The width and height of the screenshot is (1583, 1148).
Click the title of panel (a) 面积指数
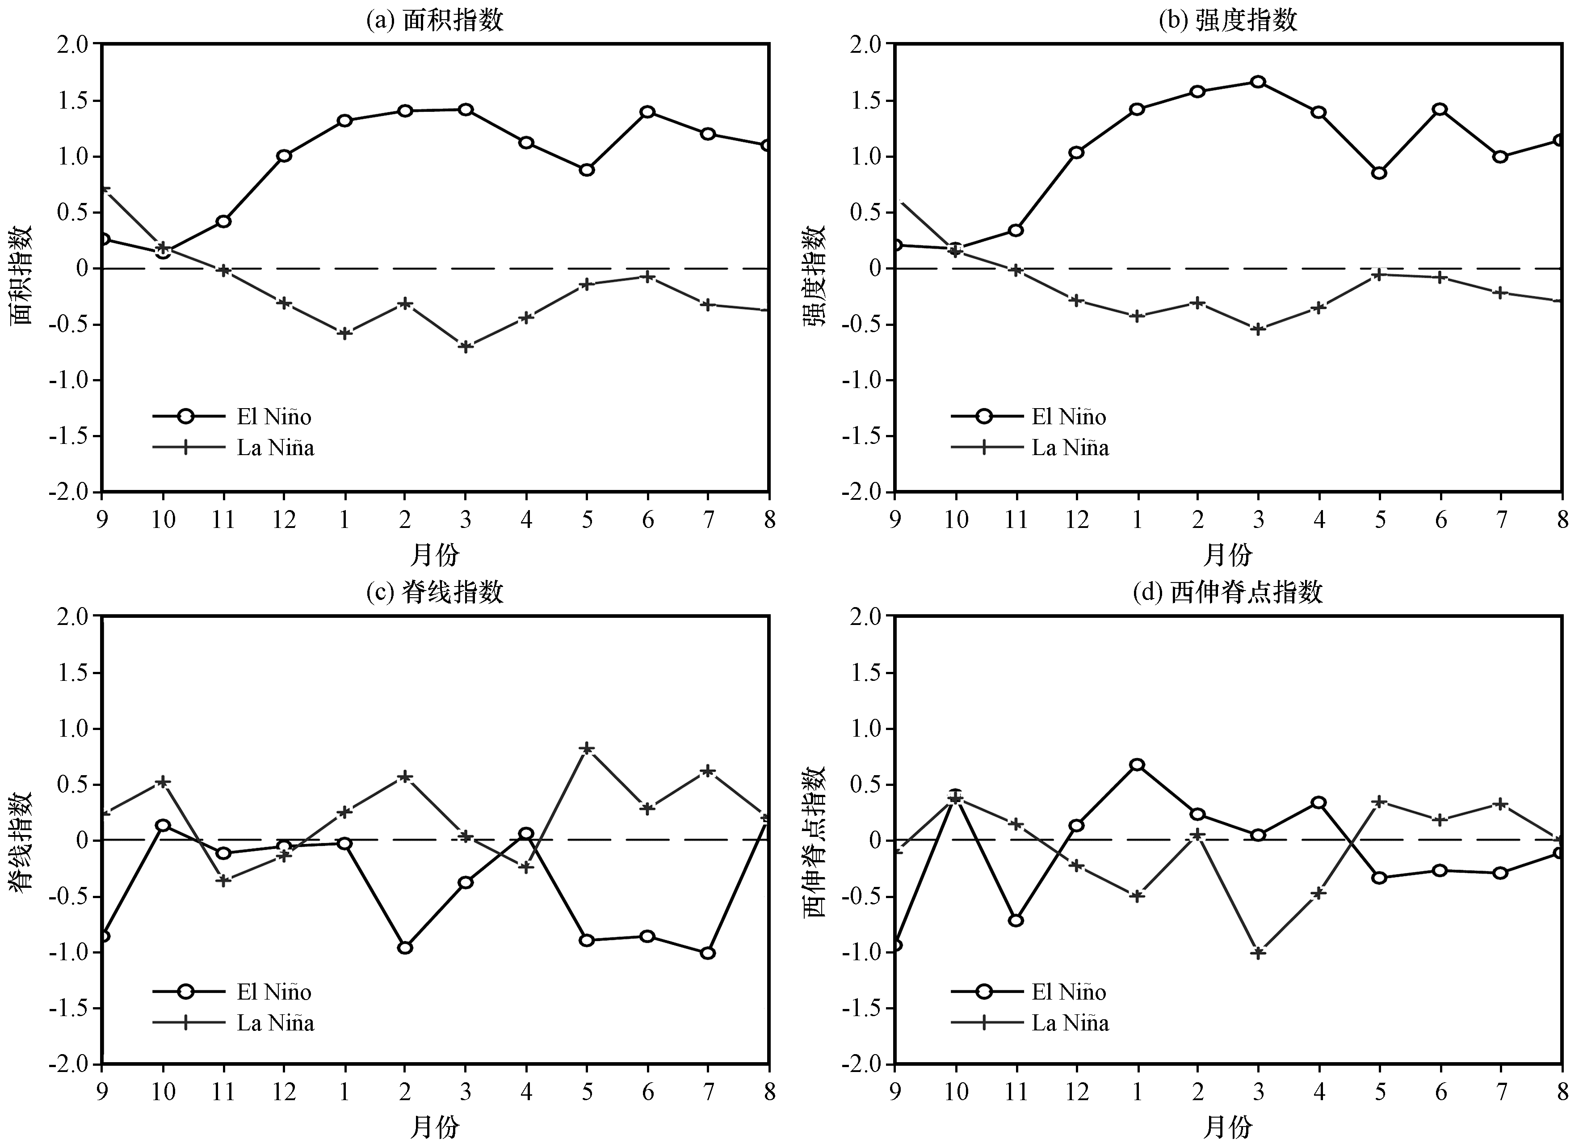click(x=435, y=20)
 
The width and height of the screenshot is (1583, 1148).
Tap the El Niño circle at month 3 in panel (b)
click(x=1258, y=82)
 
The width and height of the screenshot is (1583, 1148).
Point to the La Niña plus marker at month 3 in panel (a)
click(x=466, y=346)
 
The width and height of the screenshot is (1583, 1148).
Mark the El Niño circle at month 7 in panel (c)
click(x=708, y=953)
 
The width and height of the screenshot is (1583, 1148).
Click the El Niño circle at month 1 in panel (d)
click(x=1137, y=764)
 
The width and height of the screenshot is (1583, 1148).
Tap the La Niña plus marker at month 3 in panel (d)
click(x=1258, y=953)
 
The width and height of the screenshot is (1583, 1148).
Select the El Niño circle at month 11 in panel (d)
click(x=1016, y=920)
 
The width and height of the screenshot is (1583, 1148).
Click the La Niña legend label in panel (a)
click(x=276, y=447)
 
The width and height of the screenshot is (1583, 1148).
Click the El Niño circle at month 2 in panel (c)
click(x=405, y=948)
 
